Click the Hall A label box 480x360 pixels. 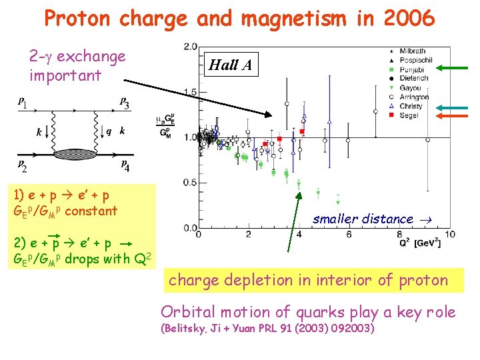233,65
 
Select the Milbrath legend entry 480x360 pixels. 413,51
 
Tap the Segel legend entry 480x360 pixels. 409,115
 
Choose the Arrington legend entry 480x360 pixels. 416,97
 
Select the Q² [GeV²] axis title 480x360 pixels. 420,243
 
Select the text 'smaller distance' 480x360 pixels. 363,219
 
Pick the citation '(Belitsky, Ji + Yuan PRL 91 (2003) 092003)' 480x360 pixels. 267,328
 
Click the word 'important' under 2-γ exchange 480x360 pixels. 65,75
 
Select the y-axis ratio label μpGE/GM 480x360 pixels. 165,127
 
